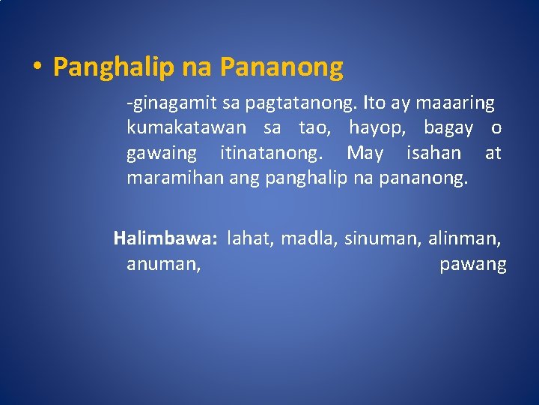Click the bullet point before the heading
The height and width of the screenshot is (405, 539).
(x=37, y=67)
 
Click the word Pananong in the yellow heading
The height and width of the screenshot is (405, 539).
(x=281, y=67)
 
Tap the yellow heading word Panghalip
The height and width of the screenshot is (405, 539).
(x=112, y=68)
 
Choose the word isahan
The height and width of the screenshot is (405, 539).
(x=433, y=154)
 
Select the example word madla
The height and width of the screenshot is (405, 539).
(x=308, y=239)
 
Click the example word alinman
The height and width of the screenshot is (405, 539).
(x=464, y=239)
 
